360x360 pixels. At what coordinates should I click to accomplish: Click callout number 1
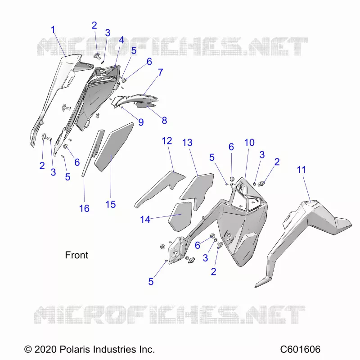(x=53, y=30)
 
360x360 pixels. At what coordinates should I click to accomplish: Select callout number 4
(x=121, y=40)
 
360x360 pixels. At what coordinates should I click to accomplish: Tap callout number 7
(x=161, y=72)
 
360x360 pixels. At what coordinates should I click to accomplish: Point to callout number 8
(x=164, y=120)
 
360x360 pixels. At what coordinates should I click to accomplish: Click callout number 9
(x=141, y=122)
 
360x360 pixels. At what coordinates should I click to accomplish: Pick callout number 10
(x=249, y=143)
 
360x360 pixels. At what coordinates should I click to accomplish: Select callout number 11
(x=301, y=170)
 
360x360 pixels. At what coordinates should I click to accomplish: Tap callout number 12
(x=167, y=141)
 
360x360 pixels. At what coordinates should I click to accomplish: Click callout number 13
(x=187, y=143)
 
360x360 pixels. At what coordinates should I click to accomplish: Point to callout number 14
(x=145, y=220)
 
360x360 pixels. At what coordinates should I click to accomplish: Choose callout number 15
(x=110, y=204)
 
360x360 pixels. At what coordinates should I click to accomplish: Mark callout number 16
(x=84, y=208)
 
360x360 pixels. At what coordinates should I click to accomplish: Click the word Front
(x=76, y=255)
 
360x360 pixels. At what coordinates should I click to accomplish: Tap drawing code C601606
(x=300, y=350)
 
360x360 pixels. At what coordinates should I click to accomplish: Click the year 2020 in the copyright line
(x=45, y=350)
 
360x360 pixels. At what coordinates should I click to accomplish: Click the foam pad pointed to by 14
(x=180, y=216)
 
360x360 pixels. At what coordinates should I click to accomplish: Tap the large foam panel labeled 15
(x=114, y=147)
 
